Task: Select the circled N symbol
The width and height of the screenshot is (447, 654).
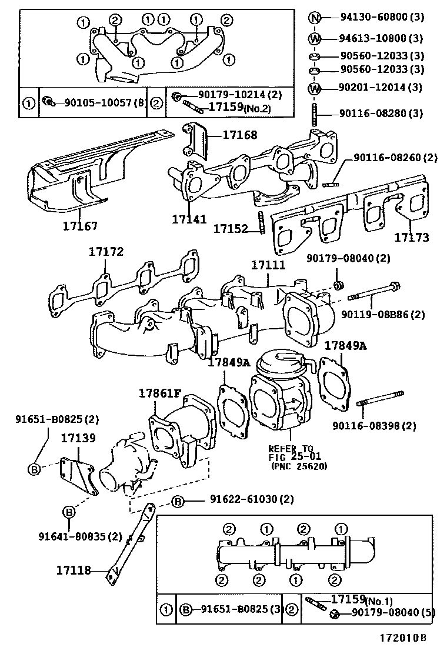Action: coord(315,18)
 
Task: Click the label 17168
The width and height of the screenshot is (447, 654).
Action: coord(239,135)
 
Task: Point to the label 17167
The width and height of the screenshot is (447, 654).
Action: coord(81,225)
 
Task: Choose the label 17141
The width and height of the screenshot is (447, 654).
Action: coord(189,219)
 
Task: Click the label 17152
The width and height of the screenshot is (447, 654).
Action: coord(231,228)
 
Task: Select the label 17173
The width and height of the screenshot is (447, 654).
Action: coord(411,238)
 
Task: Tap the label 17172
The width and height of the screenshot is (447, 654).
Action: coord(106,252)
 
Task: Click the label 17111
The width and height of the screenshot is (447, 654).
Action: coord(268,266)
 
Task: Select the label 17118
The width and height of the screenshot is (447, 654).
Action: coord(74,570)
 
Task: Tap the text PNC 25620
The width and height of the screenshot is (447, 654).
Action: coord(299,467)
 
